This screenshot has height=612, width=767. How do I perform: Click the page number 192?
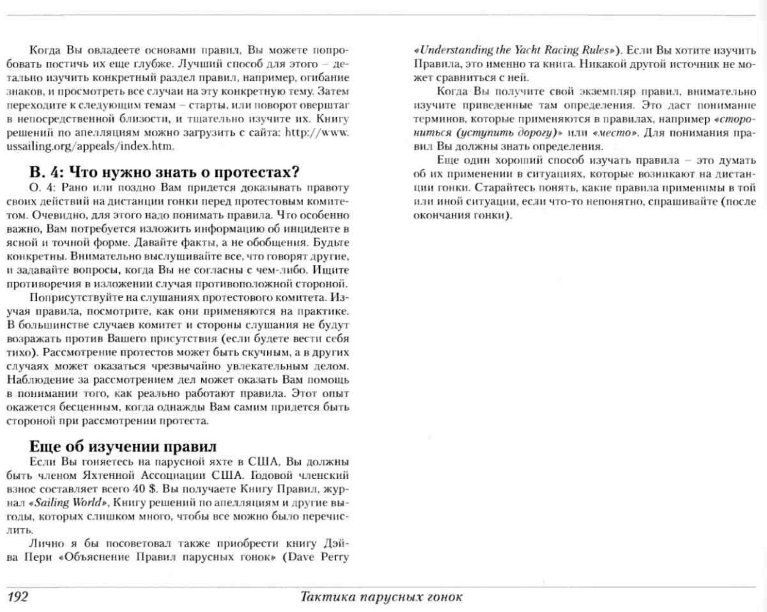click(17, 596)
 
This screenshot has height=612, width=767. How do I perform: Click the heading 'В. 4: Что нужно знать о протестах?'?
click(164, 172)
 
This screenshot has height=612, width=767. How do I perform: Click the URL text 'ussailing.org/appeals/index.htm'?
click(90, 146)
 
